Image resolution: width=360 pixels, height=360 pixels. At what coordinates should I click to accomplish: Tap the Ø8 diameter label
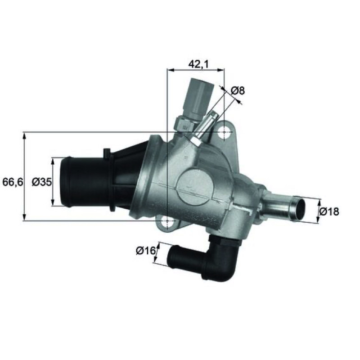coord(237,91)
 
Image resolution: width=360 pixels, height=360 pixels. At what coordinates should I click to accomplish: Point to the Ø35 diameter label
coord(42,182)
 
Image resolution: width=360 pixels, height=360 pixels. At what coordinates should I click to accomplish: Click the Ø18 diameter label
coord(329,211)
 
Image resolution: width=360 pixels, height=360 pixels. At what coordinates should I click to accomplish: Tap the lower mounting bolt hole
coord(167,221)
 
